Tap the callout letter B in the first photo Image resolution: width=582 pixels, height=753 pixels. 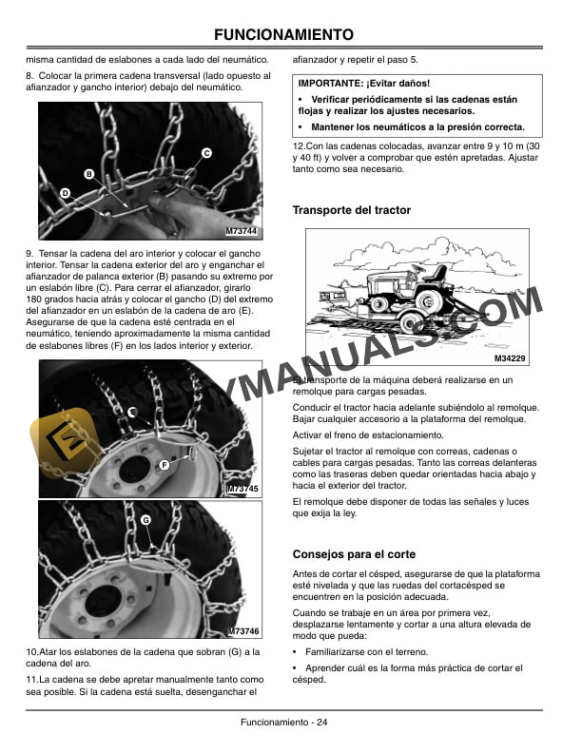(x=88, y=174)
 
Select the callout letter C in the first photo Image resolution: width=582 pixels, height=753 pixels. (x=206, y=153)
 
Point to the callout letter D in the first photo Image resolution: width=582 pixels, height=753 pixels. (x=65, y=193)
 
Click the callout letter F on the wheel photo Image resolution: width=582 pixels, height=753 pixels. (x=165, y=464)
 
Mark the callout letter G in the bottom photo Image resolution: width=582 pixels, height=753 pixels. (x=145, y=520)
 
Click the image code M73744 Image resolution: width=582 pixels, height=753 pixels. (x=242, y=231)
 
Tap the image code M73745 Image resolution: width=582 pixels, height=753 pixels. (x=242, y=488)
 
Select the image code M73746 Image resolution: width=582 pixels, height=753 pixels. (x=242, y=632)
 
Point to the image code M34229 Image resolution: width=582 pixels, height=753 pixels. (x=511, y=357)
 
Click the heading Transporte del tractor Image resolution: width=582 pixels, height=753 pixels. (x=351, y=210)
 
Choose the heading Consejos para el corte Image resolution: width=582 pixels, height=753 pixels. (x=353, y=553)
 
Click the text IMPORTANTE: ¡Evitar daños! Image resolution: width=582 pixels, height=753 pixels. (x=363, y=84)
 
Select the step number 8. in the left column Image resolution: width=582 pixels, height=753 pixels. (x=29, y=75)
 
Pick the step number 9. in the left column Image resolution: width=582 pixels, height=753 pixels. (x=29, y=253)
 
